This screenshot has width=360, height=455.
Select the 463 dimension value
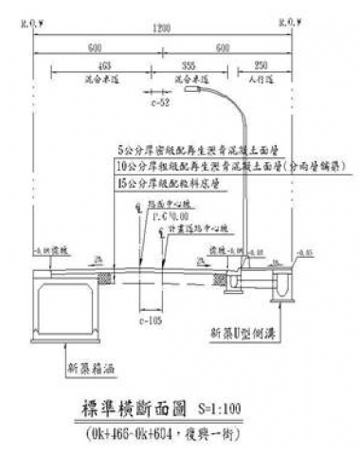coord(102,64)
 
